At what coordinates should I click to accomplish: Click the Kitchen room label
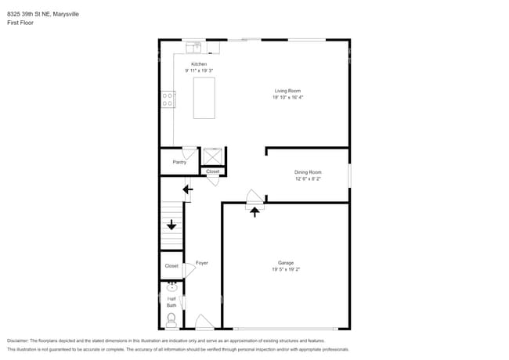coord(200,63)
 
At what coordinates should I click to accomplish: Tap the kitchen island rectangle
coord(204,97)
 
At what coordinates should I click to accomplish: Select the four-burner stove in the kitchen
coord(168,99)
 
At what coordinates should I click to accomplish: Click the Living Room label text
coord(287,91)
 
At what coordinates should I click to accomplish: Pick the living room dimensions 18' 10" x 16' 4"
coord(287,97)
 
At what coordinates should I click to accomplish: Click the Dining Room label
coord(308,172)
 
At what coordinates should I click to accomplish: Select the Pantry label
coord(179,162)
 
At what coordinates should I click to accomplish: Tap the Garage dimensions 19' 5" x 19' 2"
coord(286,269)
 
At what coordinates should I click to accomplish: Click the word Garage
coord(286,262)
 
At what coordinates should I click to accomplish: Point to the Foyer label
coord(201,262)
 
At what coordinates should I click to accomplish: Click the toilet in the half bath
coord(171,319)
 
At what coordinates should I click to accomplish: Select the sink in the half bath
coord(171,286)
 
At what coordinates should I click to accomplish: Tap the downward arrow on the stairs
coord(171,225)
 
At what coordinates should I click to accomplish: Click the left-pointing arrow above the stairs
coord(187,189)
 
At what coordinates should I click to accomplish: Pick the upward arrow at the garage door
coord(254,211)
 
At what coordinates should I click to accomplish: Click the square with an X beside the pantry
coord(212,156)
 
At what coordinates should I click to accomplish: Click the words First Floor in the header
coord(21,23)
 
